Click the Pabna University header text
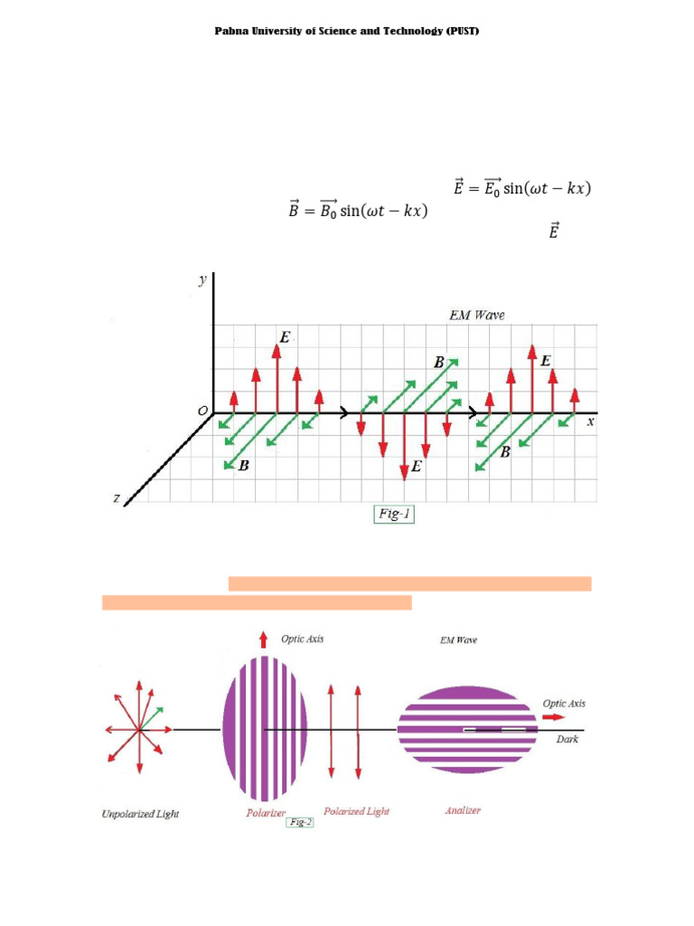coord(346,31)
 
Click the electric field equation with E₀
coord(521,189)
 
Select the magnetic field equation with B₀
coord(356,212)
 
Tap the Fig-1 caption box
coord(393,514)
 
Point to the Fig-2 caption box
coord(299,823)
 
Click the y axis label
coord(202,279)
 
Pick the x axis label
coord(590,421)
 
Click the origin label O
coord(202,411)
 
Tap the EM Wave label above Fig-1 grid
coord(478,315)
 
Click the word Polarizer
coord(266,813)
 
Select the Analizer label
coord(463,810)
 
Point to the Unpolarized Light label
coord(139,814)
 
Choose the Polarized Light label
coord(356,811)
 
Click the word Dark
coord(567,739)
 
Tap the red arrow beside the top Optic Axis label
coord(263,640)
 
